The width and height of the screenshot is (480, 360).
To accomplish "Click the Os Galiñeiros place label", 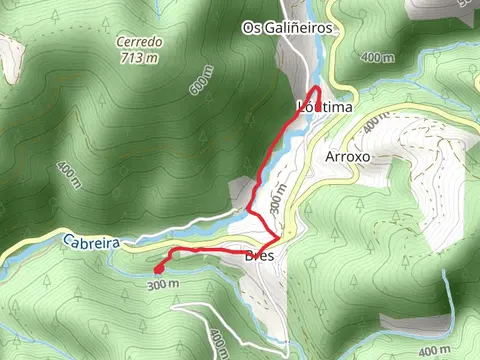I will point(287,29).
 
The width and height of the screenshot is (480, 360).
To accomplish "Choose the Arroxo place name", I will point(349,157).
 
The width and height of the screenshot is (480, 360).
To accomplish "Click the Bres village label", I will point(259,255).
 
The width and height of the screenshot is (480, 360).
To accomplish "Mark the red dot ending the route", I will point(159,268).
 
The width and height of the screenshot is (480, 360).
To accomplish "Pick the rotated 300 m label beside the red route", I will point(279,199).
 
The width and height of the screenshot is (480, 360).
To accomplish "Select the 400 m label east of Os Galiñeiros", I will point(377,58).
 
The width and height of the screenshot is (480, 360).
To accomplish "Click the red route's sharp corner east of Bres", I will point(277,238).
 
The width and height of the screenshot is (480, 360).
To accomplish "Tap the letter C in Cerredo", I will point(119,42).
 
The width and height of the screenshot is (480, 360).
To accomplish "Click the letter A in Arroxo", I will point(331,157).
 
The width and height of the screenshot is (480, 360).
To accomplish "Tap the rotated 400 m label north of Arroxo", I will point(372,122).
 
